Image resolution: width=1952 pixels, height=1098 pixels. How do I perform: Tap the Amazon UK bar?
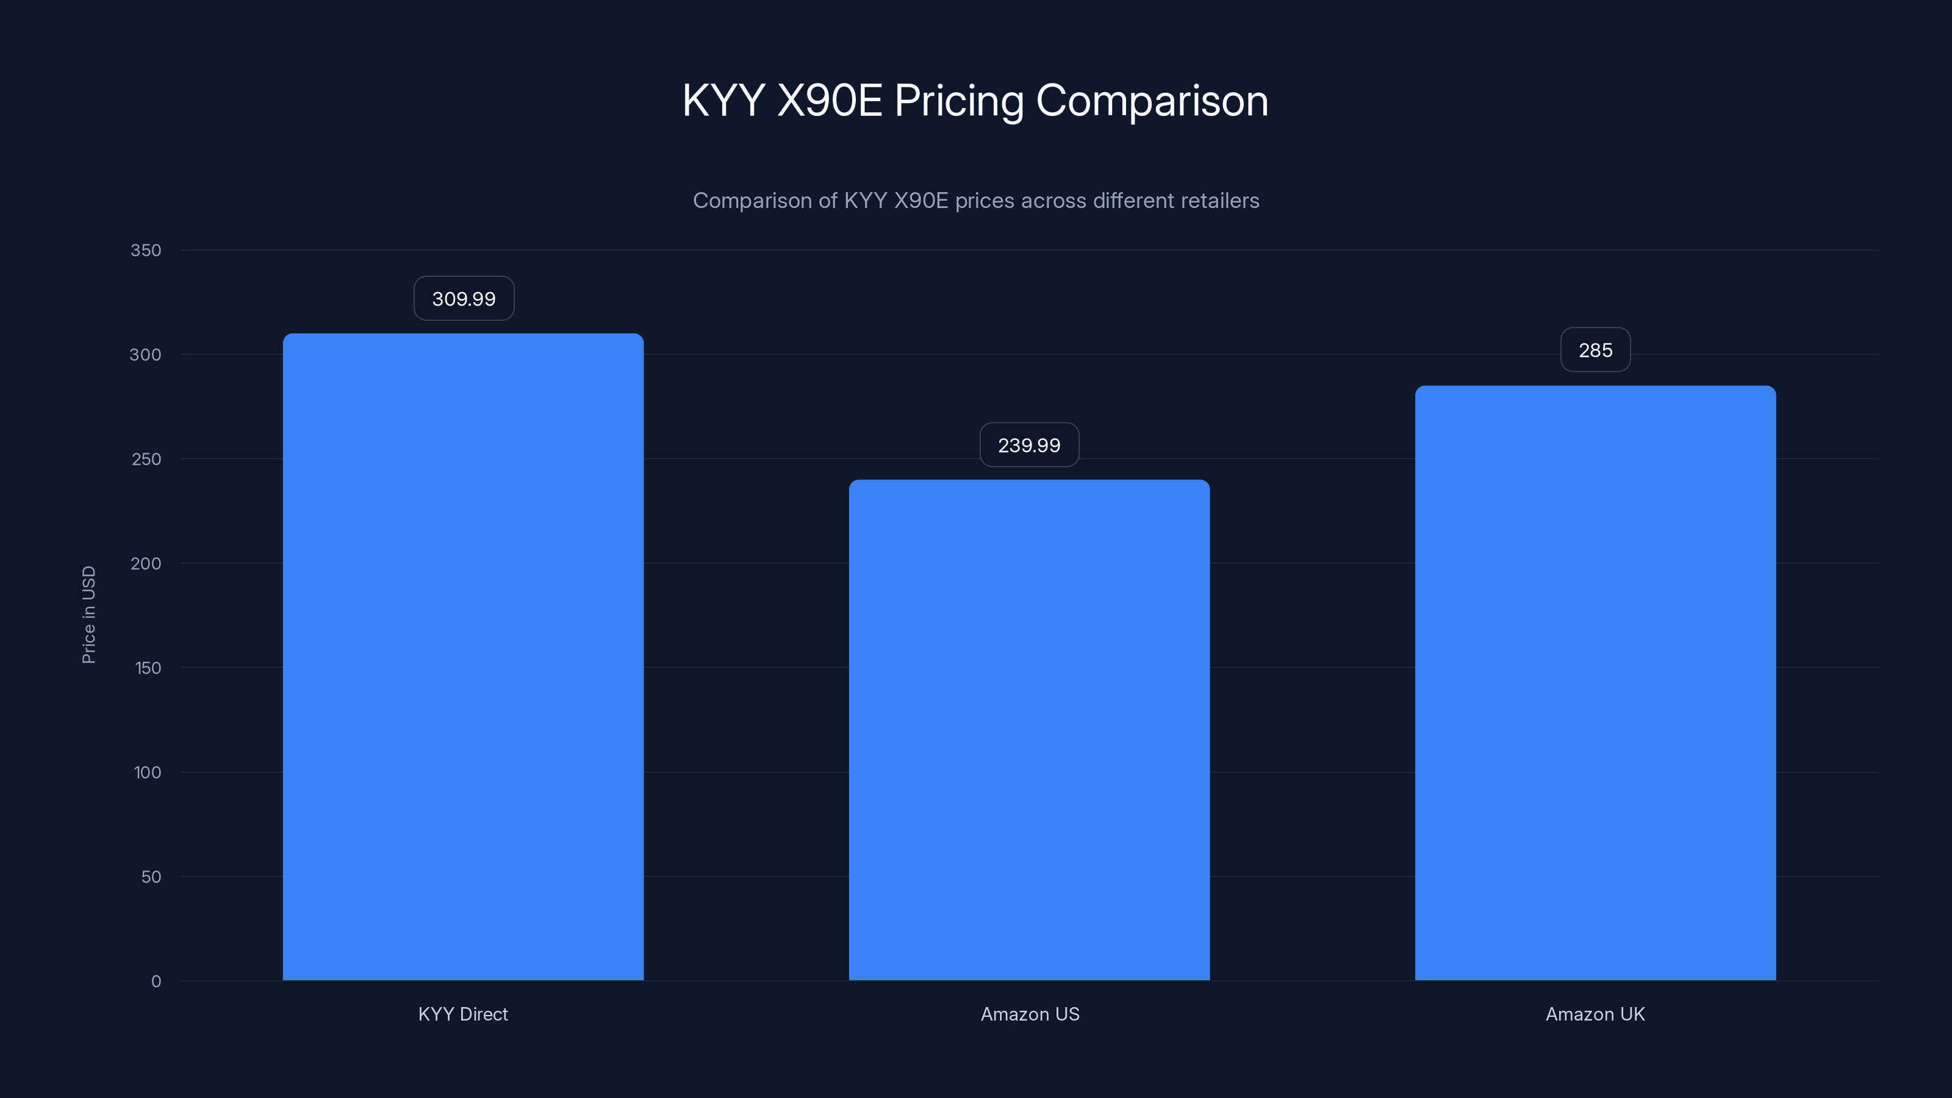point(1595,683)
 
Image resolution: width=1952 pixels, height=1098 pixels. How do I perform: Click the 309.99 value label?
point(464,298)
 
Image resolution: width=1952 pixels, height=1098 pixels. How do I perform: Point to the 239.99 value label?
point(1029,445)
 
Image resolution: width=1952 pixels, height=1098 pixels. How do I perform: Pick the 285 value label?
point(1595,350)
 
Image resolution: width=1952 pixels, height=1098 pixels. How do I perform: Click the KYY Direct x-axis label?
point(463,1014)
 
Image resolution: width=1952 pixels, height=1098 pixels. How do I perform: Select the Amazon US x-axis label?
point(1030,1014)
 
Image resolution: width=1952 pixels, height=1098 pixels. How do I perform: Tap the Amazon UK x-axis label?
point(1595,1014)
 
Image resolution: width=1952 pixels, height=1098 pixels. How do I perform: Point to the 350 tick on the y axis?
point(146,250)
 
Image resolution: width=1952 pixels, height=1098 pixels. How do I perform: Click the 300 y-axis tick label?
point(146,354)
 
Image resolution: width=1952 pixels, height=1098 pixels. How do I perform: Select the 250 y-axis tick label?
point(146,459)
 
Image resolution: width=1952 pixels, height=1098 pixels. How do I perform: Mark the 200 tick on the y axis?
point(146,563)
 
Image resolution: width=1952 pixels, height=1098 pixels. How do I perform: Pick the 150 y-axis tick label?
point(148,667)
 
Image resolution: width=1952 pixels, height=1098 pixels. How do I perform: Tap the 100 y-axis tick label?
point(148,772)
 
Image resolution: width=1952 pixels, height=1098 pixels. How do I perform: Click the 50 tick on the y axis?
point(151,877)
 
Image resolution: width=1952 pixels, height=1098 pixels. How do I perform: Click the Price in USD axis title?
point(88,614)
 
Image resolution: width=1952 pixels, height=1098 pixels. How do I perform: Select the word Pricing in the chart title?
point(958,101)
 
